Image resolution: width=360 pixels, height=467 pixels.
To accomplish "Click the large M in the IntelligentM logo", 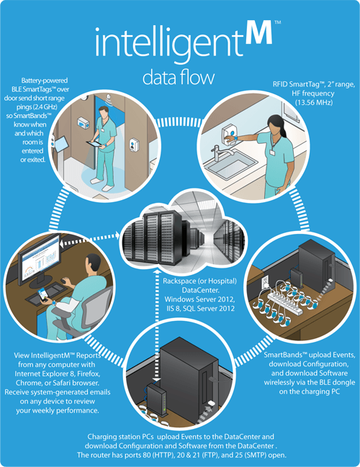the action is point(258,32).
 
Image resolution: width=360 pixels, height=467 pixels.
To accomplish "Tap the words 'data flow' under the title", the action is point(179,78).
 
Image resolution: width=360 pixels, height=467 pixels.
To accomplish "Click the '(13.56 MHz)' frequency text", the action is point(314,102).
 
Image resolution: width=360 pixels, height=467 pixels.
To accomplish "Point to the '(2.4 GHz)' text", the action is point(37,106).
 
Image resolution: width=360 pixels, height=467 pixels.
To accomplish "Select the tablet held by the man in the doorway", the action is point(96,144).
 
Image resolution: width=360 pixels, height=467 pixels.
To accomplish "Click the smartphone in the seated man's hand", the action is point(42,294).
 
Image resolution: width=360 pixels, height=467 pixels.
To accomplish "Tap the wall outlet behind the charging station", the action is point(265,281).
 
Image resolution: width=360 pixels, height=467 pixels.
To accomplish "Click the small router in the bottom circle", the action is point(157,399).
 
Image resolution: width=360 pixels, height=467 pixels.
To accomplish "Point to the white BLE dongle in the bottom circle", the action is point(211,403).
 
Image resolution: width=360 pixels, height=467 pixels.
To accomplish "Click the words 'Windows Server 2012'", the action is point(199,299).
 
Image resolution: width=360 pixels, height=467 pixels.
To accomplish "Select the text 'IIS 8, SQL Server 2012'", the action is point(200,309).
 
